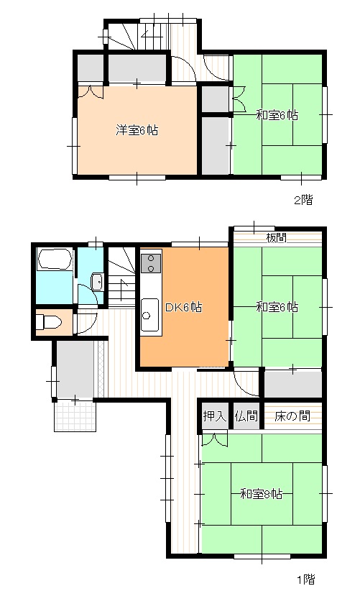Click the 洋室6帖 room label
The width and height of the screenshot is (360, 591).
tap(137, 130)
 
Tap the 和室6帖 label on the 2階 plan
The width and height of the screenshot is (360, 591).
tap(277, 114)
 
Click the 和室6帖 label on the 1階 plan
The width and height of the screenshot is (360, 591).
tap(277, 307)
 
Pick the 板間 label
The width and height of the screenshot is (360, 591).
tap(277, 238)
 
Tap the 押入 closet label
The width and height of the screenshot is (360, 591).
tap(214, 416)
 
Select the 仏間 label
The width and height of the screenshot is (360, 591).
tap(245, 416)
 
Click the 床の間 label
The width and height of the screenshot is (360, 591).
tap(292, 416)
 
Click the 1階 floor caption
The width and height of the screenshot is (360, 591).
tap(305, 578)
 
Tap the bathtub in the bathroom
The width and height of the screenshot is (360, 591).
tap(54, 260)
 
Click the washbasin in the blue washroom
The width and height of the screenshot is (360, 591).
tap(98, 282)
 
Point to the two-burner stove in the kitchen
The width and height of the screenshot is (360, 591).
tap(152, 263)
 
